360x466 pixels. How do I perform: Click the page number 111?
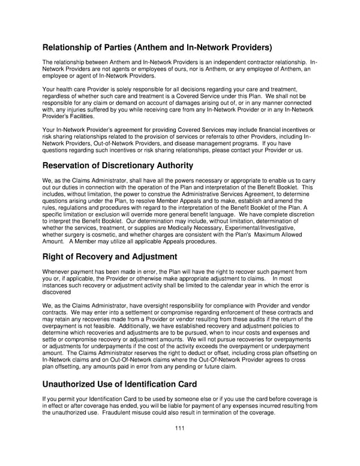[179, 428]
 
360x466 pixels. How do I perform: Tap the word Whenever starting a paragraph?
[59, 272]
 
